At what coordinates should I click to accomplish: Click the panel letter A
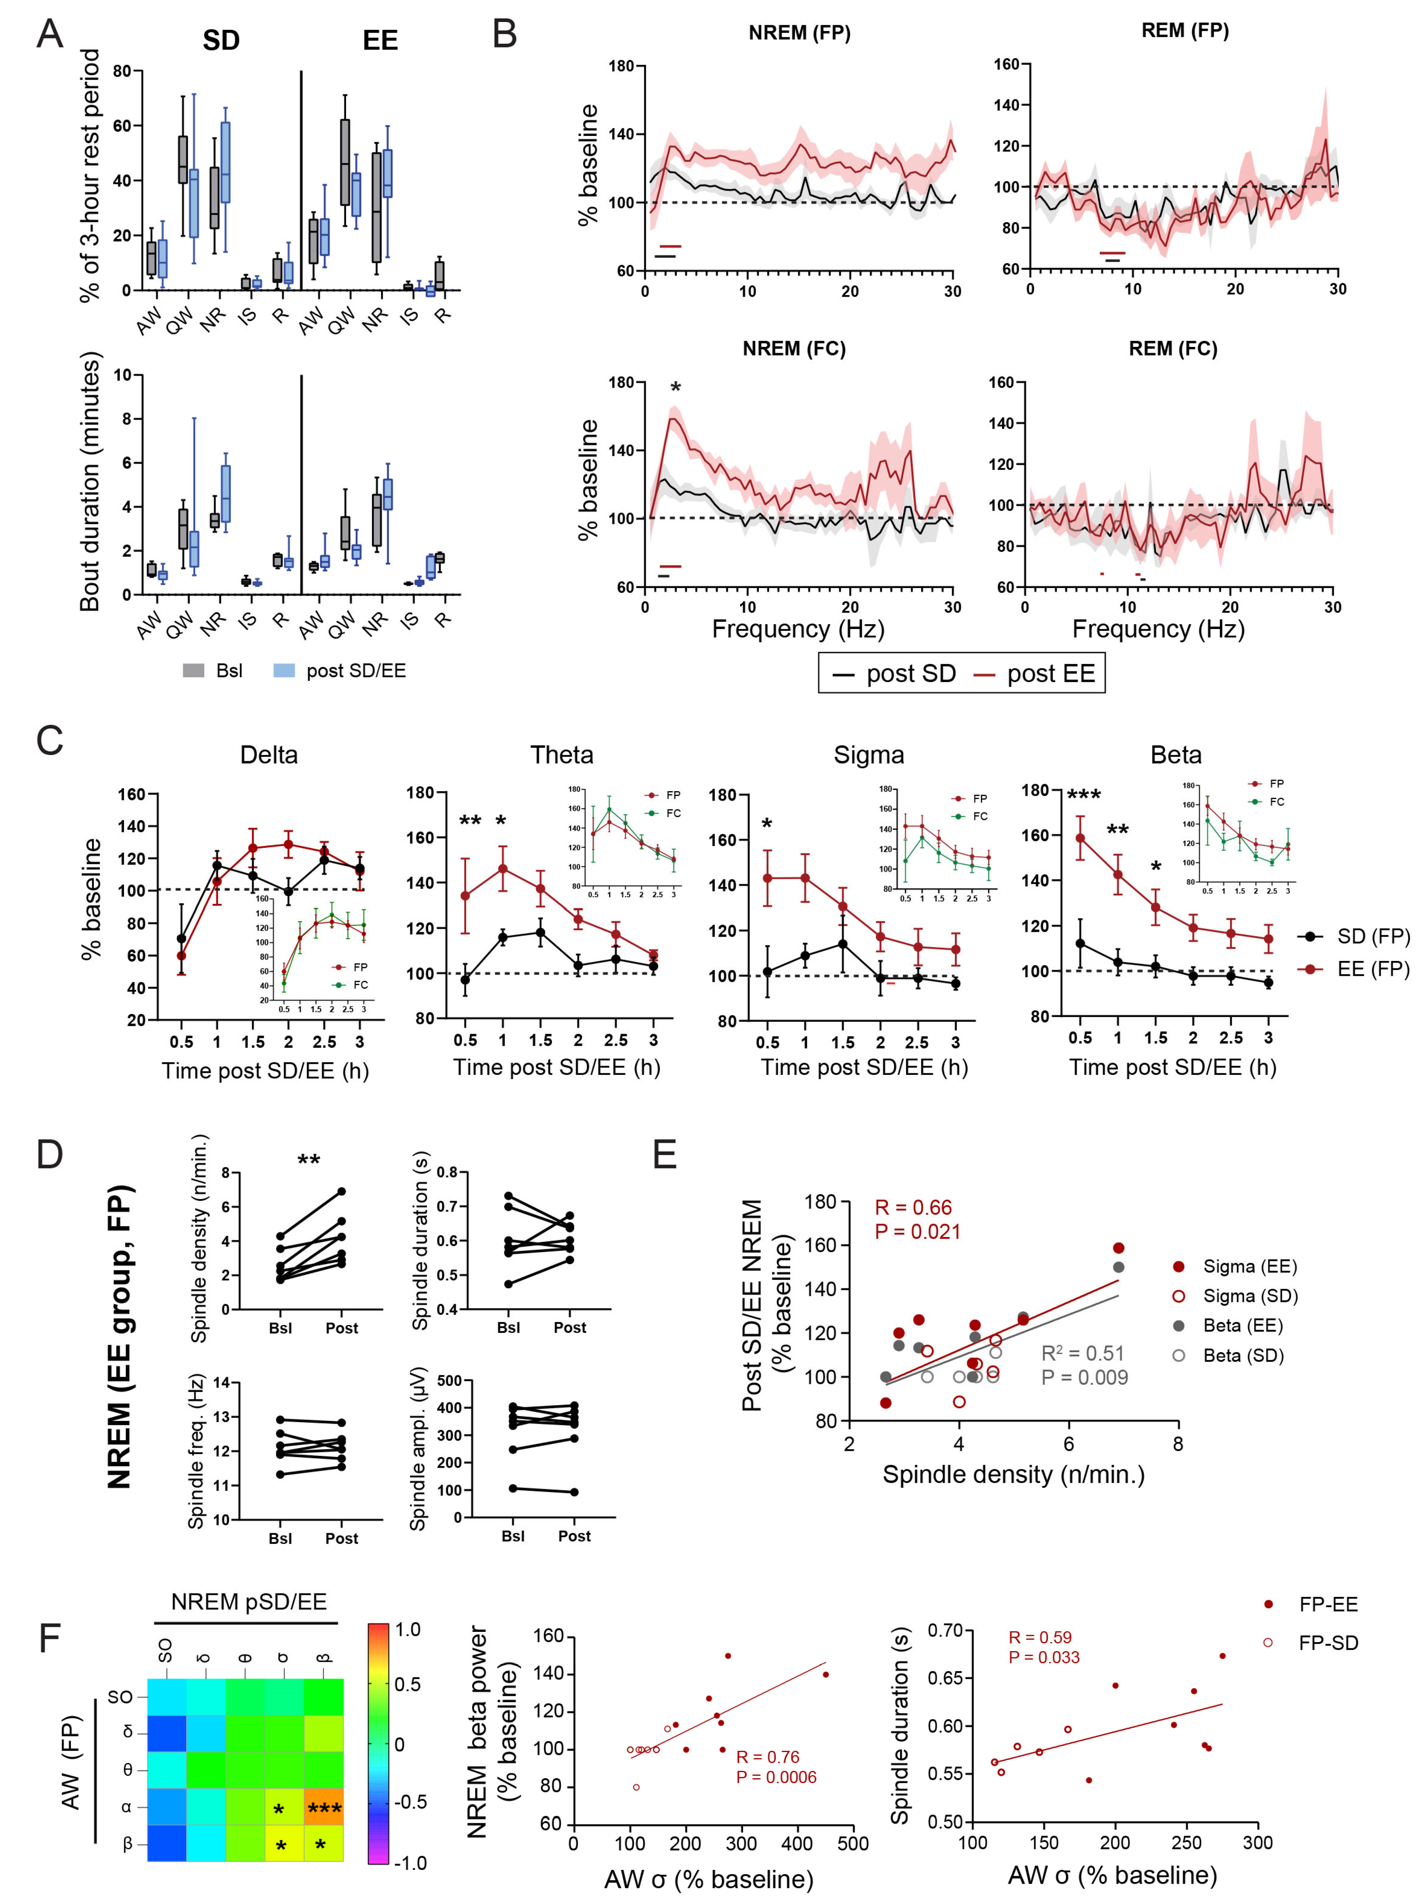(x=50, y=35)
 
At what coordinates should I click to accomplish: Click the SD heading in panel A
(x=221, y=40)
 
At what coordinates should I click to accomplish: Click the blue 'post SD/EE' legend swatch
(x=284, y=670)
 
